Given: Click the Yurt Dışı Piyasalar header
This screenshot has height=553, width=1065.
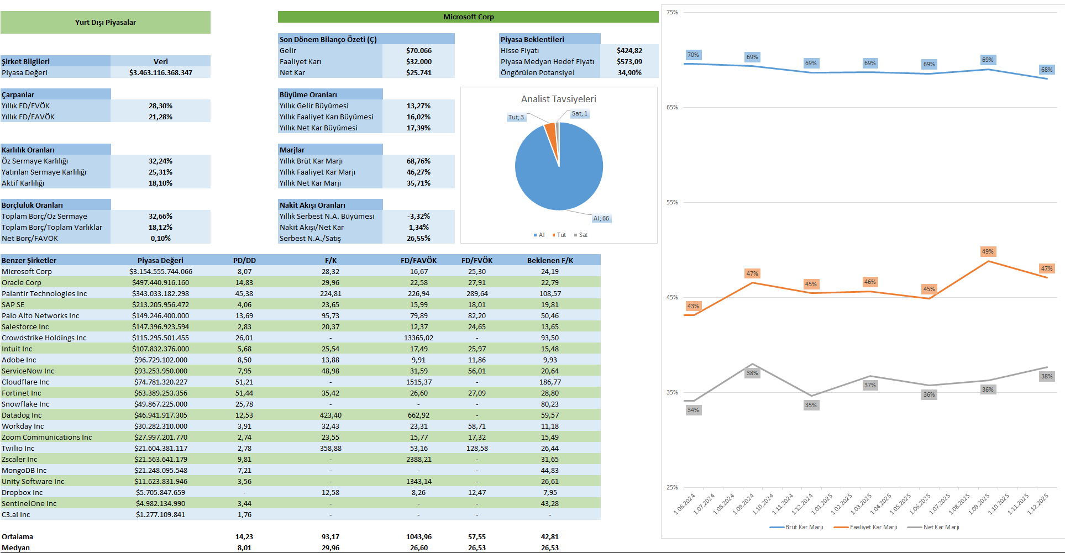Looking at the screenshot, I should [105, 23].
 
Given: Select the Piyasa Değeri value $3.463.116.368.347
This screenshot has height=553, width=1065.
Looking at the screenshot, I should [160, 73].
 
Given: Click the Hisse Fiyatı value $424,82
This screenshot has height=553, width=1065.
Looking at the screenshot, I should [629, 51].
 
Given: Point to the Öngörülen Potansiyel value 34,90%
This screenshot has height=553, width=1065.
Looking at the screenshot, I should [629, 73].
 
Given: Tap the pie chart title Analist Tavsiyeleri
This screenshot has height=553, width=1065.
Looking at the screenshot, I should [558, 99].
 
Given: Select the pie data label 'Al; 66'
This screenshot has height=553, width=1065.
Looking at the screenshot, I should [601, 219].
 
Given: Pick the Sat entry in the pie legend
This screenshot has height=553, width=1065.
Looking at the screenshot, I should [583, 235].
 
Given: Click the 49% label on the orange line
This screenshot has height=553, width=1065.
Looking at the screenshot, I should [987, 252].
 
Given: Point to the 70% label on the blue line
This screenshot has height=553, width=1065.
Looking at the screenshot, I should [692, 55].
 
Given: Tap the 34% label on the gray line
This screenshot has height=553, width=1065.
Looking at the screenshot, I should [692, 410].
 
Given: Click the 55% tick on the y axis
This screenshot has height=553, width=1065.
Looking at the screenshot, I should [671, 203].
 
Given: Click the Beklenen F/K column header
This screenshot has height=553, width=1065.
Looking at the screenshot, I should [550, 261].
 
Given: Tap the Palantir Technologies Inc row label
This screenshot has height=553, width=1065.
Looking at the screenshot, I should [44, 294].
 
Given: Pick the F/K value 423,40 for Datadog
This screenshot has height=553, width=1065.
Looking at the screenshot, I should [330, 415].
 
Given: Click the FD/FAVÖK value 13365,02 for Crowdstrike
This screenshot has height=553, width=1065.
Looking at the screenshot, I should [418, 338].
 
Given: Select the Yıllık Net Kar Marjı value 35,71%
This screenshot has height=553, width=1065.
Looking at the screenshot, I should [418, 183].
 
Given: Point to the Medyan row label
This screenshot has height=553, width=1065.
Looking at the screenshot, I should [16, 548].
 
